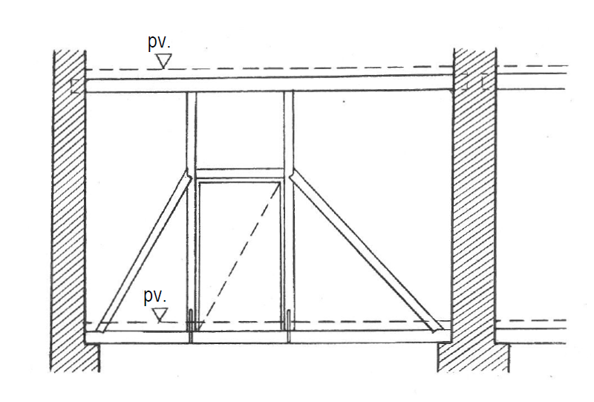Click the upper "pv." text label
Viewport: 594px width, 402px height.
pos(159,42)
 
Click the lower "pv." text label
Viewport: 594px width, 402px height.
pos(155,296)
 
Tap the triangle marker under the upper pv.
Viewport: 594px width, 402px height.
pos(164,61)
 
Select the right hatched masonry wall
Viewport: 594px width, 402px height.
pos(474,210)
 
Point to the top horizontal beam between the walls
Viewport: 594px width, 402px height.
pos(269,84)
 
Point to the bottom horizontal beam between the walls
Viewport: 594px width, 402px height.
pos(268,337)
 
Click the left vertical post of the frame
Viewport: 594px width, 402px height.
pos(191,217)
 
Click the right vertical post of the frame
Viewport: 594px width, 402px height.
pos(289,216)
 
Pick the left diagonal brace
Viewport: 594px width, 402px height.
pos(143,252)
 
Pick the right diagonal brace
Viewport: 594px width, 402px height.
pos(367,251)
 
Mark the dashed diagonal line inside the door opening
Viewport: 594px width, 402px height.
pos(239,252)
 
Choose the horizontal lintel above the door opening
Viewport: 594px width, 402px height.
pos(240,174)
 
